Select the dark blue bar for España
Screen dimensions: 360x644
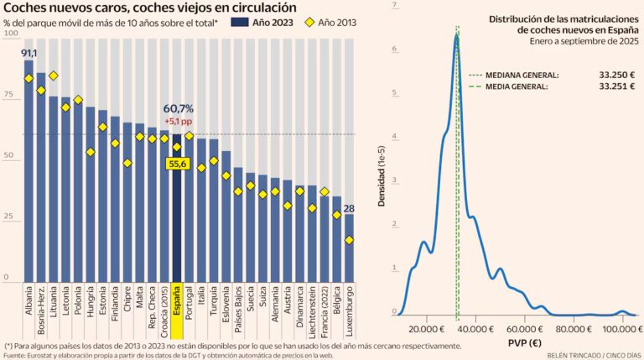176,210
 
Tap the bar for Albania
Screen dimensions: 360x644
29,168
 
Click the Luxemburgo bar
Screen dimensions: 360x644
349,248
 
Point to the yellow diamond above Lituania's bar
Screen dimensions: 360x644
54,76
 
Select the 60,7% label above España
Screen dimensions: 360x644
177,108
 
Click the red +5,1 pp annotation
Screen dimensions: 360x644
177,121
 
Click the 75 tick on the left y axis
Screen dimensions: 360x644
8,96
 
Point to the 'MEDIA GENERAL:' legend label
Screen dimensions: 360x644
514,86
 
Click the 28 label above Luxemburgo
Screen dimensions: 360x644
349,208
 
